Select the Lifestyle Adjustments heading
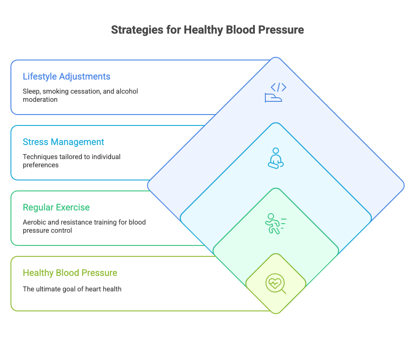(x=66, y=76)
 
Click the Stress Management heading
(x=63, y=142)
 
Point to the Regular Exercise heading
(x=56, y=207)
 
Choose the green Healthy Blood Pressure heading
(x=70, y=273)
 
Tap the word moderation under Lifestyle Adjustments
(x=40, y=100)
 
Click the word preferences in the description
(x=41, y=165)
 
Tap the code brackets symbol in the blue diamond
(x=279, y=87)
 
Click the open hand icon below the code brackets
(x=273, y=97)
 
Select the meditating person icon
(x=276, y=158)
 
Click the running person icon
(x=276, y=224)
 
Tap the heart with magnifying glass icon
(x=276, y=284)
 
